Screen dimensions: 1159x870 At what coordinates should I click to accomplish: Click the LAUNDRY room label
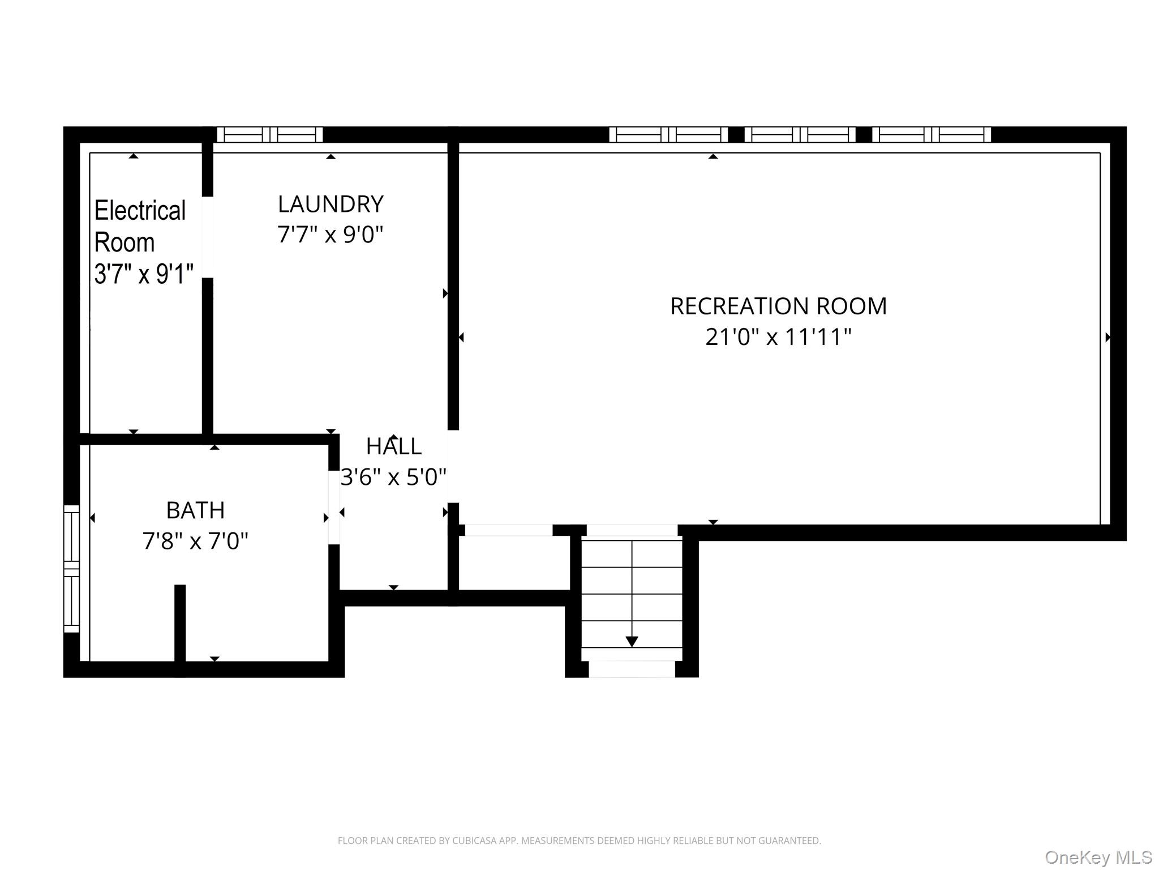(x=330, y=204)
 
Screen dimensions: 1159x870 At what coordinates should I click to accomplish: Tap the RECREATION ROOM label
(x=778, y=306)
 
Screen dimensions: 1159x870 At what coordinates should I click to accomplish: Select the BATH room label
(x=195, y=510)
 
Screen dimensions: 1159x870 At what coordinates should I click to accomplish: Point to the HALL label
(x=393, y=446)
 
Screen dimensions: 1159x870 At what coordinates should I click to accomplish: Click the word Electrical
(x=140, y=211)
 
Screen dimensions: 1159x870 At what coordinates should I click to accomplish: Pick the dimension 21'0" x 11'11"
(x=778, y=337)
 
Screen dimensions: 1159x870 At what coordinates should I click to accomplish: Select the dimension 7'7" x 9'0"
(x=330, y=234)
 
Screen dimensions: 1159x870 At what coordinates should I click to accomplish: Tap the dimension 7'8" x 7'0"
(x=195, y=541)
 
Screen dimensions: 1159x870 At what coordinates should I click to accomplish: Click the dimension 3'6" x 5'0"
(x=393, y=477)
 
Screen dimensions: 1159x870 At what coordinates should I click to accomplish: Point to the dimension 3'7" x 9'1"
(x=144, y=274)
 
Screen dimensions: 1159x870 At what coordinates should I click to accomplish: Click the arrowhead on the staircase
(x=632, y=642)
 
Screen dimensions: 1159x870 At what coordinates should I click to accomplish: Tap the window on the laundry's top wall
(x=270, y=134)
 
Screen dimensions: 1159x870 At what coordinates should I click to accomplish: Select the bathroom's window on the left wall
(x=71, y=568)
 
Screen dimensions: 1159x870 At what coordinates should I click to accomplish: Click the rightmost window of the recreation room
(x=932, y=134)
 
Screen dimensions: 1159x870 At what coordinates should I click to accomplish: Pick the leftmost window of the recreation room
(x=668, y=134)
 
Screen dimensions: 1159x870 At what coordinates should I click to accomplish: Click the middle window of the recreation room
(x=800, y=134)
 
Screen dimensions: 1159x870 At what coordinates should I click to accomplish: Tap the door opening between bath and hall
(x=334, y=507)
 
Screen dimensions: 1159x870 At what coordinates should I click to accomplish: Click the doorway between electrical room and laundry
(x=208, y=237)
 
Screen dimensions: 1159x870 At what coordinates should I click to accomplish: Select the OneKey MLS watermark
(x=1098, y=858)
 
